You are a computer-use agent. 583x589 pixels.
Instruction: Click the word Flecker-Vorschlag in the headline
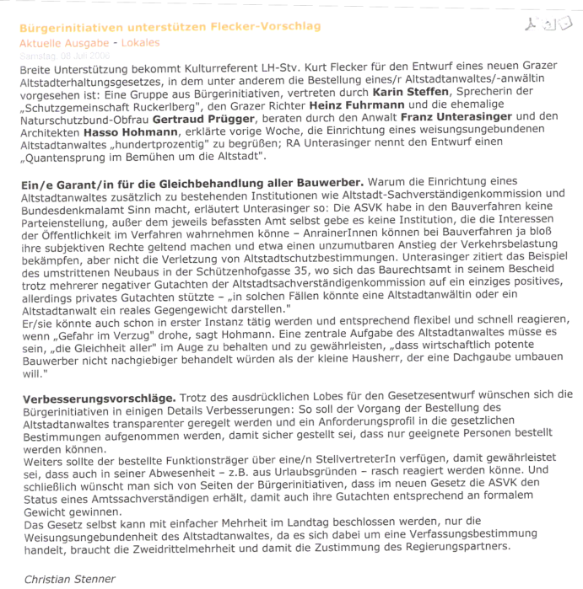point(267,27)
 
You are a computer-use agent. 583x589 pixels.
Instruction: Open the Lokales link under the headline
point(139,42)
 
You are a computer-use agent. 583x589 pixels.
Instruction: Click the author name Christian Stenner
point(70,579)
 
